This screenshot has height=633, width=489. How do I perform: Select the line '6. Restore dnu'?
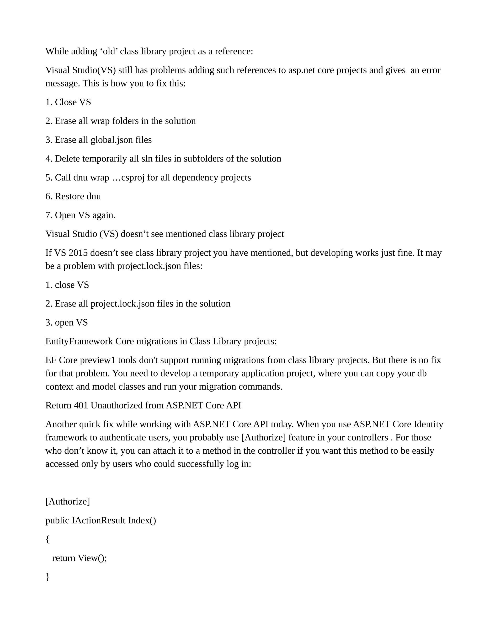[x=73, y=196]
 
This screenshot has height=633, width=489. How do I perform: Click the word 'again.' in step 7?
[x=104, y=215]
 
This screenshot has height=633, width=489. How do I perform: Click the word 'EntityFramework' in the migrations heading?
[x=79, y=341]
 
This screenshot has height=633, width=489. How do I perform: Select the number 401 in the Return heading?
[x=81, y=405]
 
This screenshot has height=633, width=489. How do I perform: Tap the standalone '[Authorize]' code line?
[x=68, y=501]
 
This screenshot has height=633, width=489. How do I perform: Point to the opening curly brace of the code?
[x=48, y=539]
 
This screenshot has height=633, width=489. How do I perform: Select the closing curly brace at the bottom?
[x=48, y=577]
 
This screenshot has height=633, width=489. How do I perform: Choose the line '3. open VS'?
[x=66, y=322]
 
